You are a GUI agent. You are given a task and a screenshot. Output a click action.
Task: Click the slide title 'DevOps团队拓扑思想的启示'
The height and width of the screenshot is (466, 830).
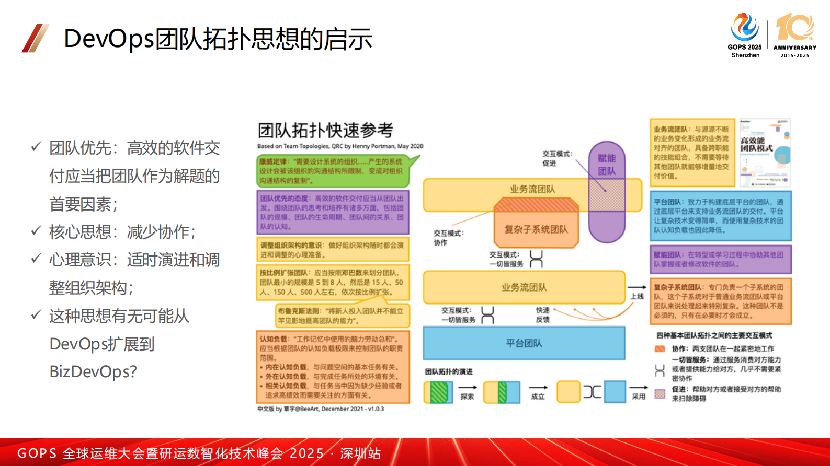218,39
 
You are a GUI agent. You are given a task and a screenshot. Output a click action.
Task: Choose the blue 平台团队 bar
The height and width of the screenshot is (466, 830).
524,343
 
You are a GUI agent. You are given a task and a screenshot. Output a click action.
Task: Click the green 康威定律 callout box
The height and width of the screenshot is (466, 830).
333,171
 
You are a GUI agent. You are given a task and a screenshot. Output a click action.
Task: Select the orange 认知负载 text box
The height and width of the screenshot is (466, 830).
333,367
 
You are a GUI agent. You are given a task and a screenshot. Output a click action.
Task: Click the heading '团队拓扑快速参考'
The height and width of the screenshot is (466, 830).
325,130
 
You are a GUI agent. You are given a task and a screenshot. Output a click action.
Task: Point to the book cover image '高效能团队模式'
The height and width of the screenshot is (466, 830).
764,153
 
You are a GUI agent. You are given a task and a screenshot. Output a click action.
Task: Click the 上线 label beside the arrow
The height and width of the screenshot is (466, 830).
637,296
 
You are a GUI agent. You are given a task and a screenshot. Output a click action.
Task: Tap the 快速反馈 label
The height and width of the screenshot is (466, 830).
542,314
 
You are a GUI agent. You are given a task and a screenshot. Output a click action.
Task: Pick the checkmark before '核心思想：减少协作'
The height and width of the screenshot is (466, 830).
36,230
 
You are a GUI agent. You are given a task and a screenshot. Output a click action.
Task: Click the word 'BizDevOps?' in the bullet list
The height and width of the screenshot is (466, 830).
93,371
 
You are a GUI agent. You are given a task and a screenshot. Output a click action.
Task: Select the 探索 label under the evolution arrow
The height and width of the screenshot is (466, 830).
467,397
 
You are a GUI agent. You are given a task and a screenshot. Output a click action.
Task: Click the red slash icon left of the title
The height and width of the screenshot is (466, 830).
35,38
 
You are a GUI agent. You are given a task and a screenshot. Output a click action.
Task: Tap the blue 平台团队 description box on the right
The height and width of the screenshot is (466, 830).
720,215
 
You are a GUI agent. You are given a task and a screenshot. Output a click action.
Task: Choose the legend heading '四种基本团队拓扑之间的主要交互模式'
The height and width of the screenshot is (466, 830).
714,335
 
